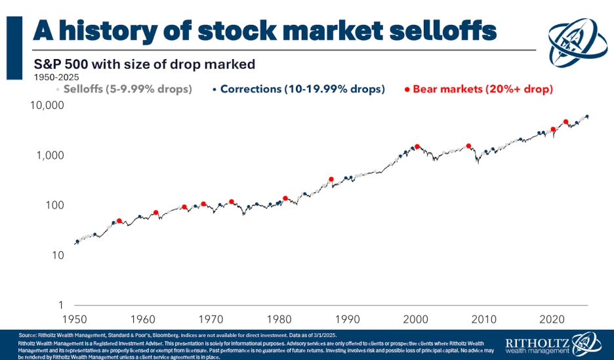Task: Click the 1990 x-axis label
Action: pyautogui.click(x=347, y=319)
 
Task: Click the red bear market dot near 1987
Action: pyautogui.click(x=331, y=179)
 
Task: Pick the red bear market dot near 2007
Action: pyautogui.click(x=468, y=146)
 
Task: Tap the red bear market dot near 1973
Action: pyautogui.click(x=232, y=202)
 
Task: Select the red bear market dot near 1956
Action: pyautogui.click(x=119, y=221)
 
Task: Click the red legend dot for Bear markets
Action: pyautogui.click(x=407, y=89)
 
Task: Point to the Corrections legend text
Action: pyautogui.click(x=302, y=89)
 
